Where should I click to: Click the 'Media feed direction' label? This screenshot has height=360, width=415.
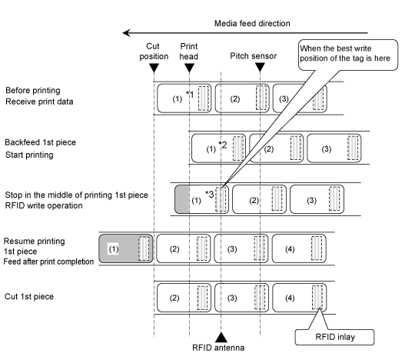click(x=252, y=23)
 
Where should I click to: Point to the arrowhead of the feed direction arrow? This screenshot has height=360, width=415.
click(x=126, y=33)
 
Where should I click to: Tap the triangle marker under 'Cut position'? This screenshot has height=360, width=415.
click(x=154, y=68)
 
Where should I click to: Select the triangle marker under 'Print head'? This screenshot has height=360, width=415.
click(x=189, y=68)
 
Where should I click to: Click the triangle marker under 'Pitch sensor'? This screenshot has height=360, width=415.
click(x=261, y=67)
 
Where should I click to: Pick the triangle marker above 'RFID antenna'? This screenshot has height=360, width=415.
click(x=221, y=337)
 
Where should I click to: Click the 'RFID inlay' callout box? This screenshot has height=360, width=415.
click(x=334, y=337)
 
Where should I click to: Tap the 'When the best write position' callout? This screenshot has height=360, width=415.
click(x=348, y=55)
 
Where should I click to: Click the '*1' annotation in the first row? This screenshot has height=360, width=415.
click(x=190, y=94)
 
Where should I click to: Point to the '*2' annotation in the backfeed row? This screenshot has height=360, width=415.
click(x=223, y=145)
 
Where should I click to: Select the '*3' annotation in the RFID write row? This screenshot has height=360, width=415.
click(x=209, y=194)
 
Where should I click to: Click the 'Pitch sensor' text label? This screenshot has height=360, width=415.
click(x=254, y=56)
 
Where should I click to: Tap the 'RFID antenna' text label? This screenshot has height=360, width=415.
click(x=218, y=348)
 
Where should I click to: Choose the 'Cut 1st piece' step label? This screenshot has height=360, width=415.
click(x=29, y=296)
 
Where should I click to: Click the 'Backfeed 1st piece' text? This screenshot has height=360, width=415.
click(x=41, y=142)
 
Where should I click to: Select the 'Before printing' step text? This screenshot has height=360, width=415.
click(x=33, y=90)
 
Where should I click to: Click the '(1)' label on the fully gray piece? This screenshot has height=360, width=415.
click(x=114, y=249)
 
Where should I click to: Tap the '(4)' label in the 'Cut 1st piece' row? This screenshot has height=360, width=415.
click(x=290, y=298)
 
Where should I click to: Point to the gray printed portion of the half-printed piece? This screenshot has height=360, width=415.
click(x=182, y=199)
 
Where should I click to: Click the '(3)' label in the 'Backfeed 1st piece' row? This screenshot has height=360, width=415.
click(x=327, y=149)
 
